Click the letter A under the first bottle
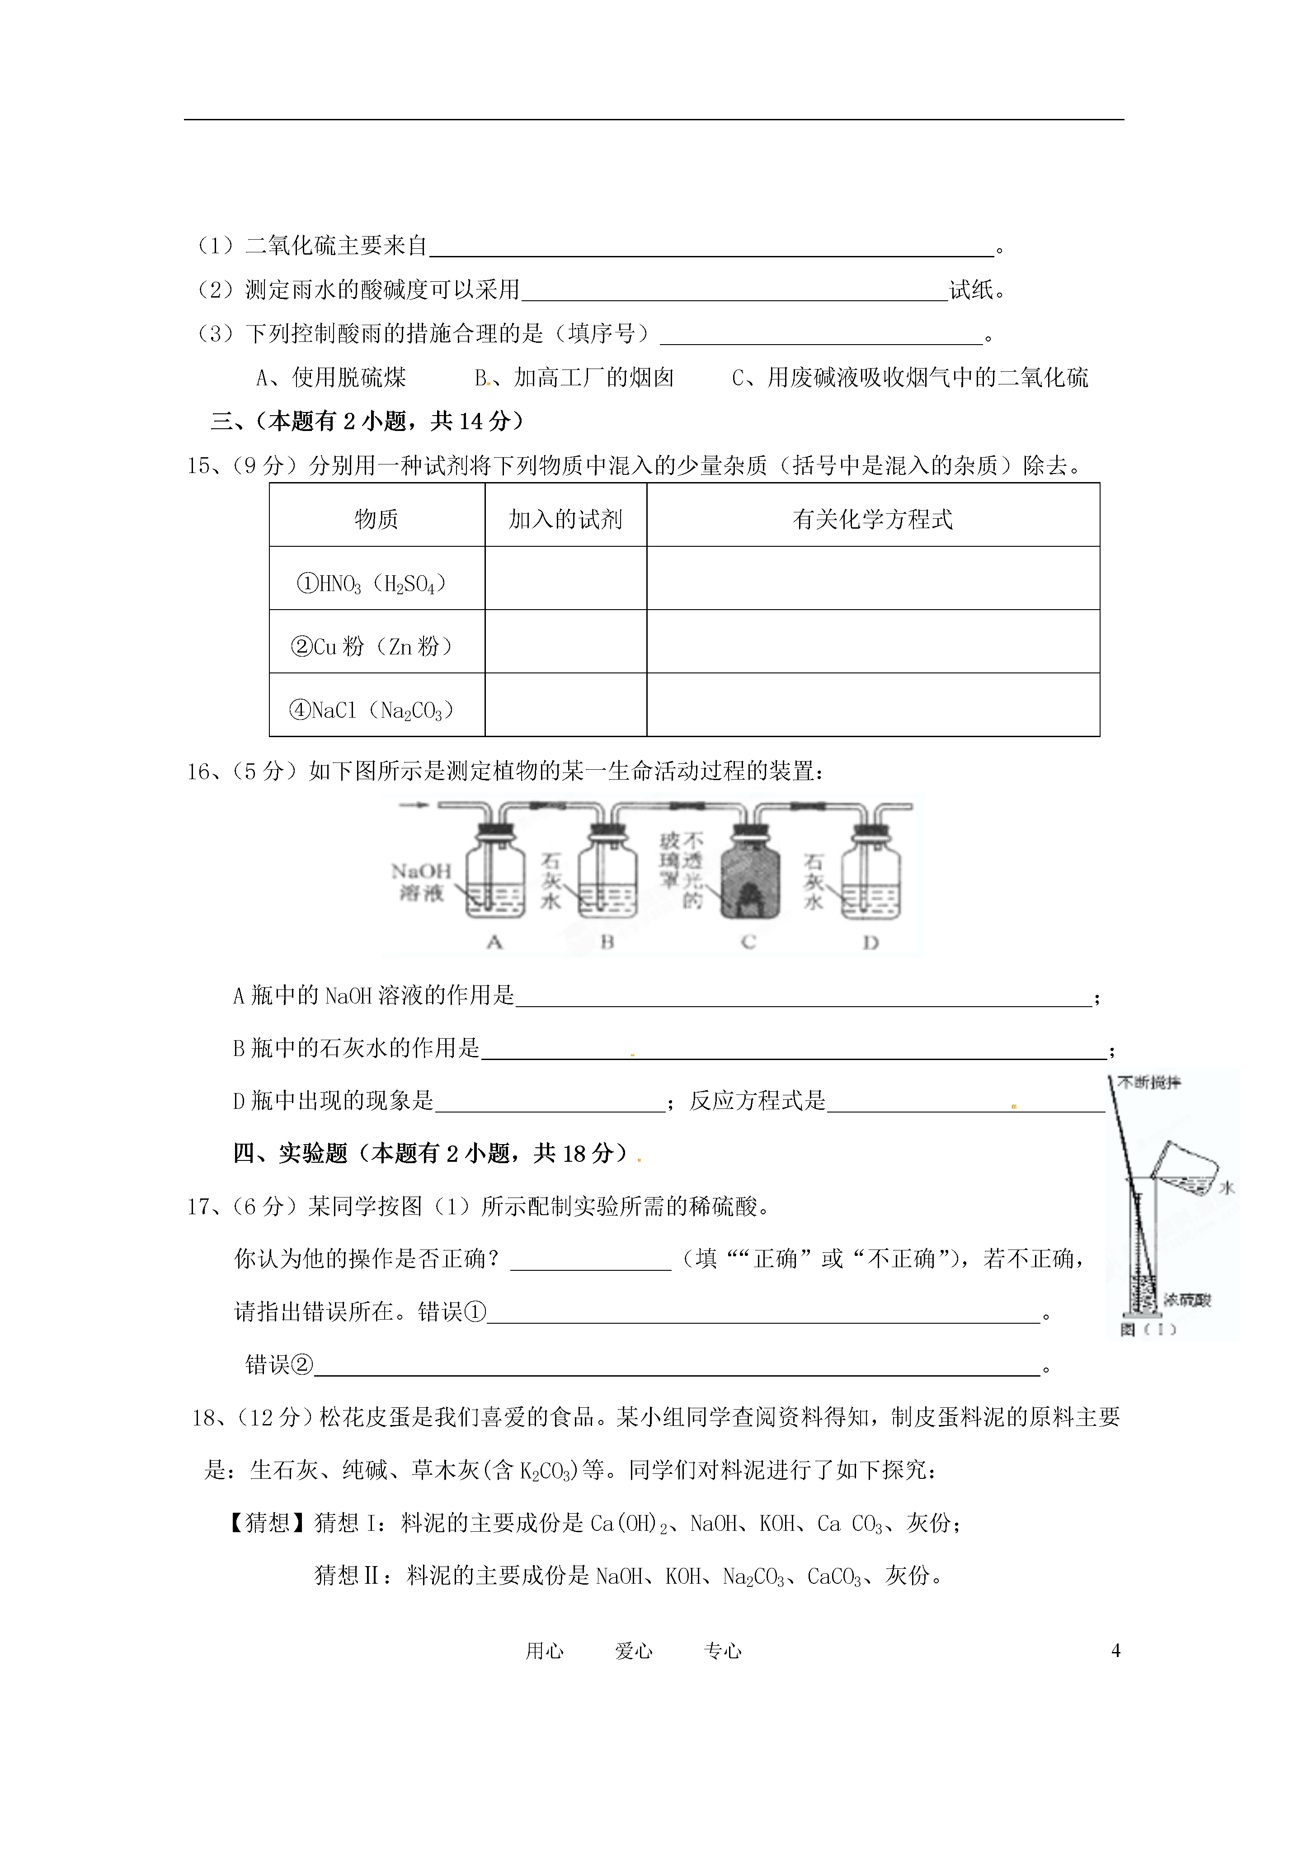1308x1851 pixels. point(495,941)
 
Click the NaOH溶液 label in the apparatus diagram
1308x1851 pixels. point(421,881)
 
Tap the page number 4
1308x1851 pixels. point(1115,1650)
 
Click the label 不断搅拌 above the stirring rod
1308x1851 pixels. point(1154,1082)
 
